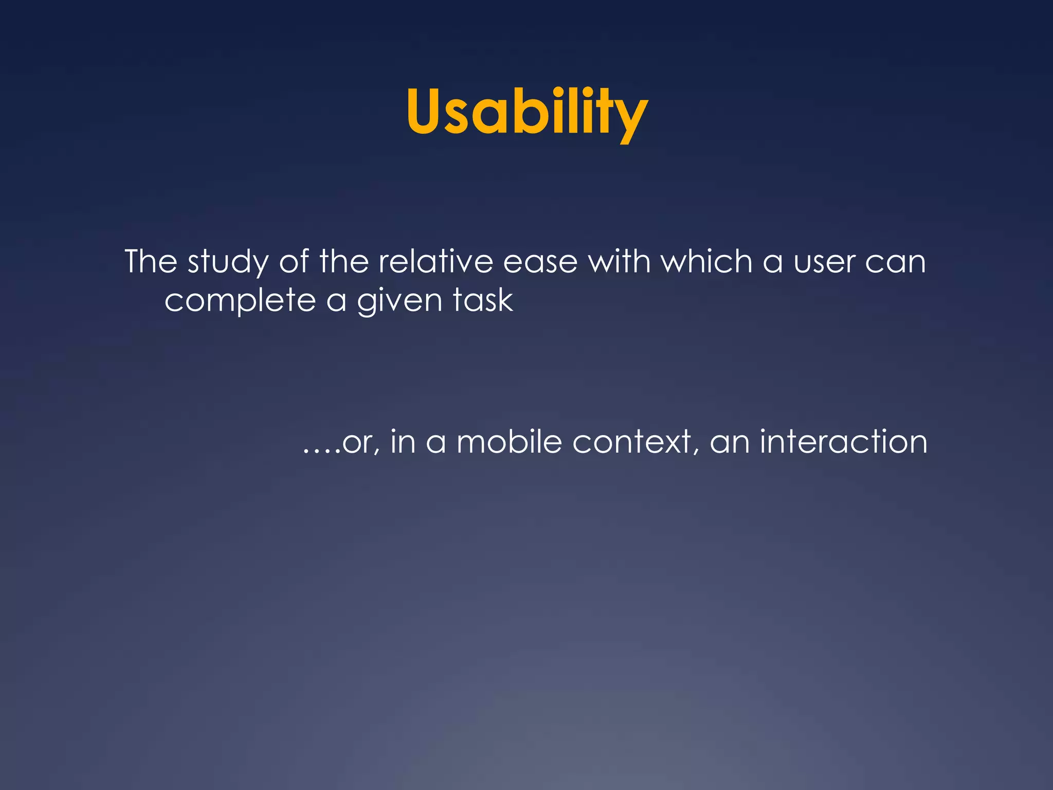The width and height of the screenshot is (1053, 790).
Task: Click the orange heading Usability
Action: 526,112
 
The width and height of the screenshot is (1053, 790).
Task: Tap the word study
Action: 228,263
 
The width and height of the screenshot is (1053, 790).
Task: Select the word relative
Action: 435,262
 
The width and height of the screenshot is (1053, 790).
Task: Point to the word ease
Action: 540,263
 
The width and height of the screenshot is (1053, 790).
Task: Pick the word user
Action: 824,263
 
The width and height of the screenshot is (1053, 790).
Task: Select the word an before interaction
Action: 730,443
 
